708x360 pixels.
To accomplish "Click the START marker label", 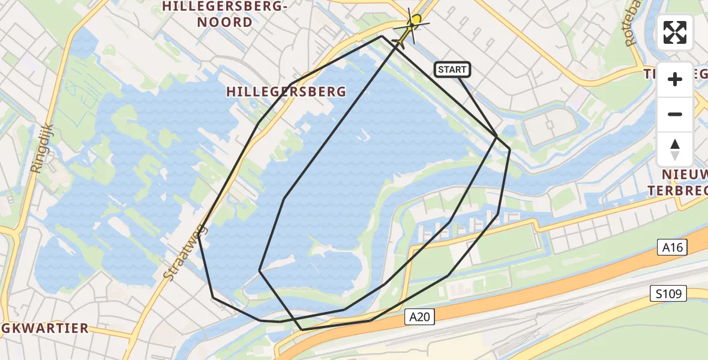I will tap(452, 70).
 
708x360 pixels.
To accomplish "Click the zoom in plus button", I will tap(675, 79).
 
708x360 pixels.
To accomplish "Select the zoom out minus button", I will tap(675, 114).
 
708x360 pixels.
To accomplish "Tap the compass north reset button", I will tap(675, 149).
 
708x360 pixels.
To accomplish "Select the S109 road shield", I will tap(668, 294).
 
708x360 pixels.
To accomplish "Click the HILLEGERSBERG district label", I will tap(286, 92).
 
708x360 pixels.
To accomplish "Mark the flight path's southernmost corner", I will tap(302, 329).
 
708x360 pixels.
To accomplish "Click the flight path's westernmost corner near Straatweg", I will tap(199, 230).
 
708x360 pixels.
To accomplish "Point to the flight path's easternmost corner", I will tap(509, 149).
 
